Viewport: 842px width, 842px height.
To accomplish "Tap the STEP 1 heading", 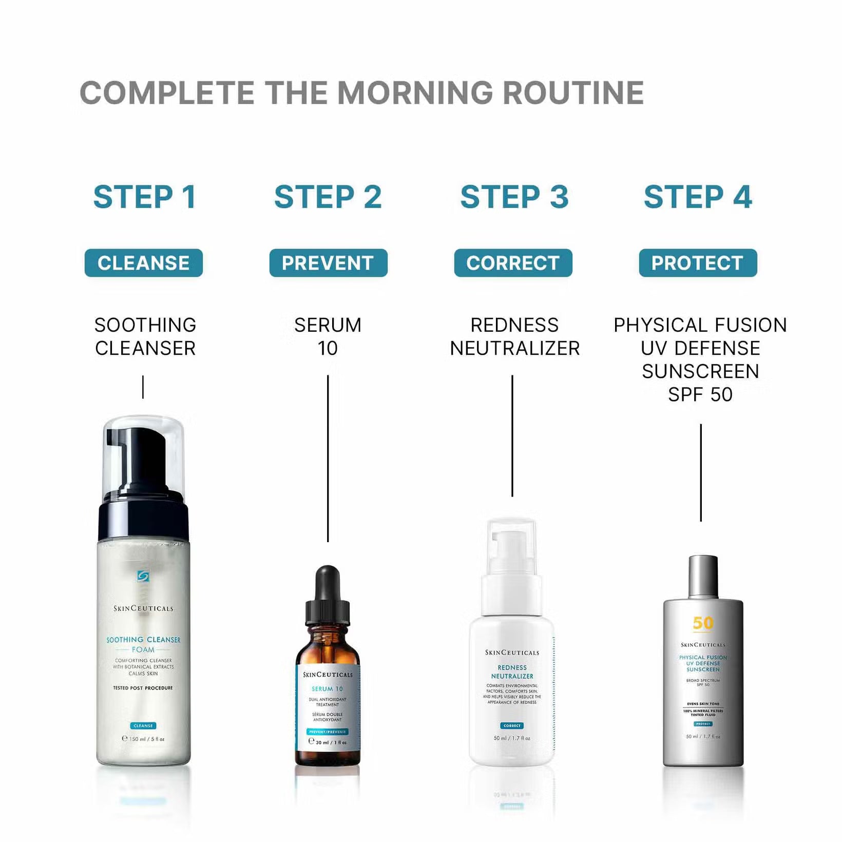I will (145, 197).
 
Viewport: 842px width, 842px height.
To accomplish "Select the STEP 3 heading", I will (514, 197).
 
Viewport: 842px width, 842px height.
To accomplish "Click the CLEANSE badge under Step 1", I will (144, 263).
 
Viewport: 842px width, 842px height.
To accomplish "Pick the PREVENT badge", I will (328, 263).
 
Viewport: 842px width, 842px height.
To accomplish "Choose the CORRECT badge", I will (513, 263).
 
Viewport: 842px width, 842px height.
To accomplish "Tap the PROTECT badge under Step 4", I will (698, 263).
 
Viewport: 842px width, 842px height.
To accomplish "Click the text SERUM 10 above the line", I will (328, 336).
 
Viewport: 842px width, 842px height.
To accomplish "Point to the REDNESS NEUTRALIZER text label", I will (514, 336).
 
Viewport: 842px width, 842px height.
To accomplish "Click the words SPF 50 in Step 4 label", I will (700, 394).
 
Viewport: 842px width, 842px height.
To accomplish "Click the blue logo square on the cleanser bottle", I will (143, 576).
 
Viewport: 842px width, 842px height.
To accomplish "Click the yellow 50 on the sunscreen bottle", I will (703, 623).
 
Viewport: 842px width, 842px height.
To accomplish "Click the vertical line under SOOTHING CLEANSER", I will (143, 387).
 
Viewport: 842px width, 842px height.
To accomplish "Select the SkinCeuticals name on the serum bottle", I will (328, 675).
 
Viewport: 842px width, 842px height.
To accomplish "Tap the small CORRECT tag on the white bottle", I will (512, 725).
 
